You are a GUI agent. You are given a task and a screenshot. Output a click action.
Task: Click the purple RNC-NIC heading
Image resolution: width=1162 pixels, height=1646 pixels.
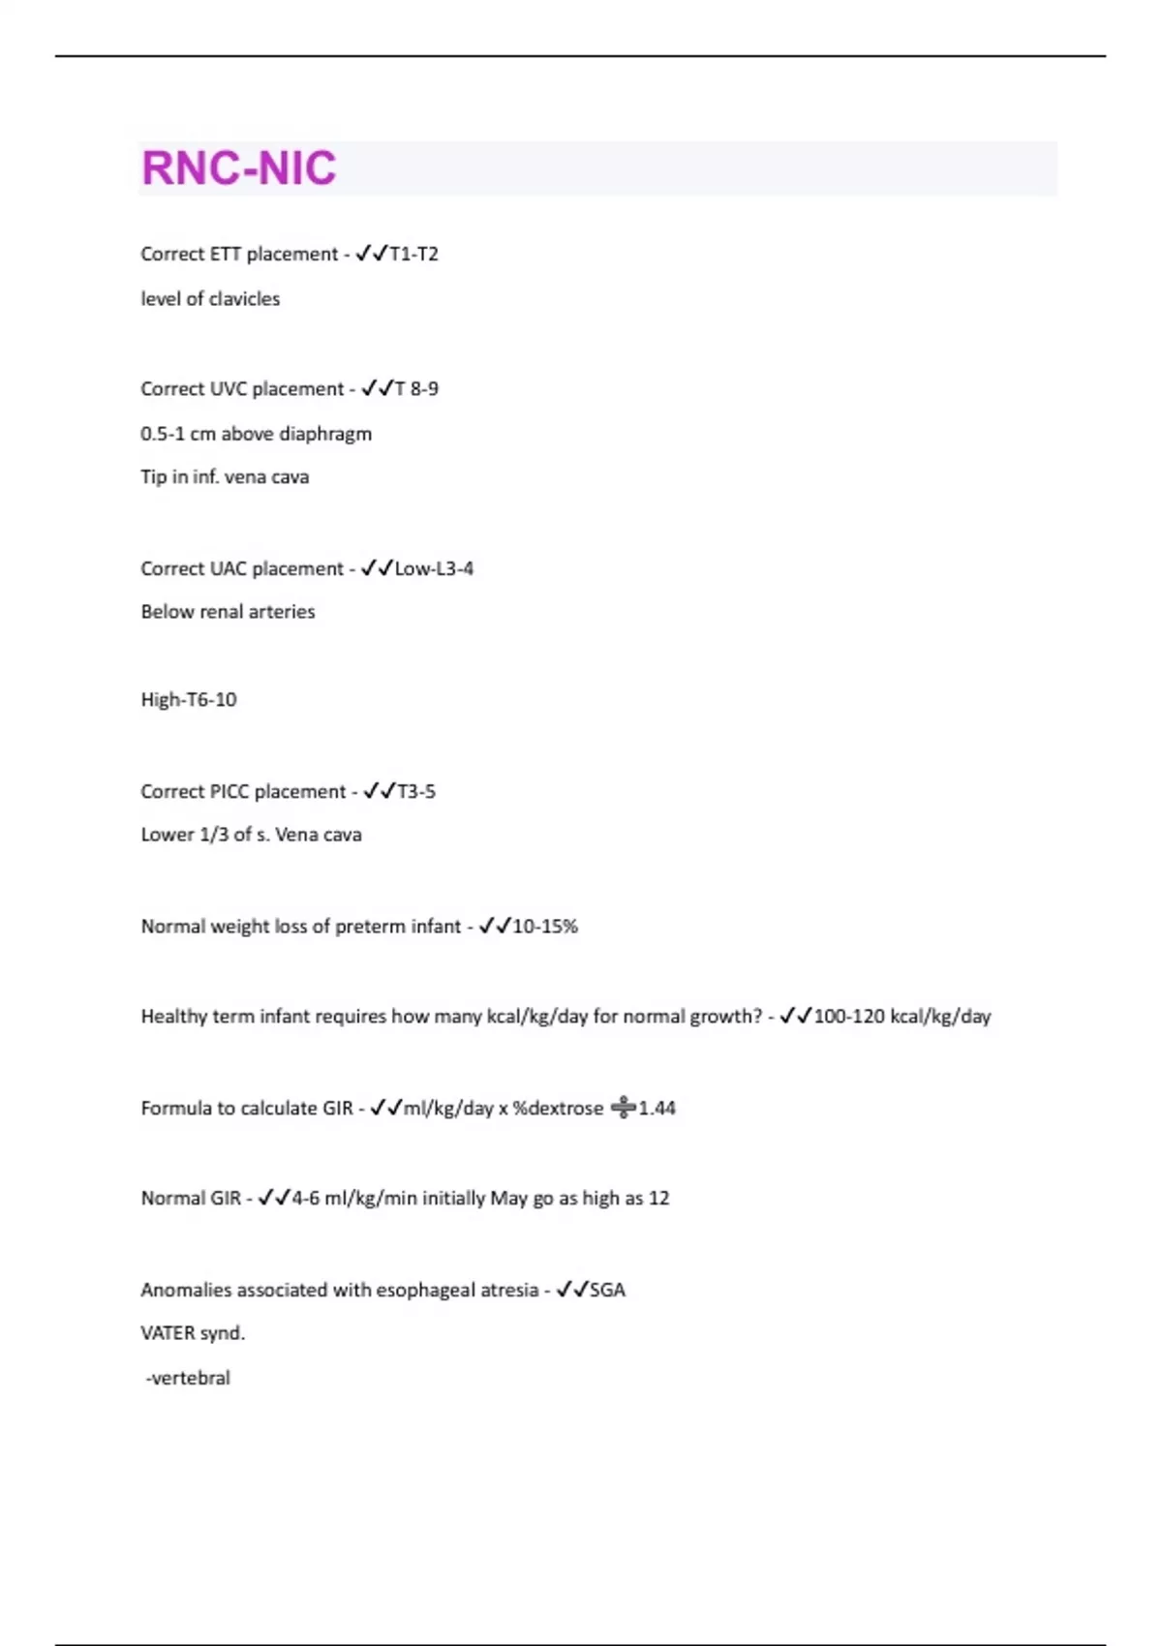click(238, 168)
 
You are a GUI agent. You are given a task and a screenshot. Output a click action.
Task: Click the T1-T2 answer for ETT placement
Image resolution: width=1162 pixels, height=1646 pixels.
click(413, 254)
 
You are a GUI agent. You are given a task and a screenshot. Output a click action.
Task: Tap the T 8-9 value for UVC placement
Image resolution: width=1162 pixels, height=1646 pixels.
click(416, 388)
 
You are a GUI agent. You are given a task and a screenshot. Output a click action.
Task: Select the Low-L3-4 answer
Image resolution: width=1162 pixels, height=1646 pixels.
click(434, 568)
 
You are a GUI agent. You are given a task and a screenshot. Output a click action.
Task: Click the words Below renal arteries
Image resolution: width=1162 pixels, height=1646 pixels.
click(228, 612)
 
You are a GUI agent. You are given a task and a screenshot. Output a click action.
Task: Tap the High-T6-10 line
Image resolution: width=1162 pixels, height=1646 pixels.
click(189, 699)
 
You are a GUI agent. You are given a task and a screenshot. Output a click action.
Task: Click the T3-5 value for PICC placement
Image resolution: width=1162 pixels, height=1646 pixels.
click(416, 791)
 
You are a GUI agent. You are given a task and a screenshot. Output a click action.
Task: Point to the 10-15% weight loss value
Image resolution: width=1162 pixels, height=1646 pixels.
click(545, 927)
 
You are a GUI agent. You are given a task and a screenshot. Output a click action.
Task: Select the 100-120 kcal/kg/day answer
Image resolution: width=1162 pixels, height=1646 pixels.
click(902, 1017)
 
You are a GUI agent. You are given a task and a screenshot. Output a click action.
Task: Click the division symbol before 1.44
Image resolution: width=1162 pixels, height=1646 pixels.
click(624, 1108)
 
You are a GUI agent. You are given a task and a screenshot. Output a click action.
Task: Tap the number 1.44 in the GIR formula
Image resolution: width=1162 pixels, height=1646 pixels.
click(657, 1108)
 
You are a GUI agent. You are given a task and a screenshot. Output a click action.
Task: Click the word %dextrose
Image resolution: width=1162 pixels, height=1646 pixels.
click(558, 1108)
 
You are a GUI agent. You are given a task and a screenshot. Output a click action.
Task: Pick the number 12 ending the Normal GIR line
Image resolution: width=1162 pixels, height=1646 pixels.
click(658, 1199)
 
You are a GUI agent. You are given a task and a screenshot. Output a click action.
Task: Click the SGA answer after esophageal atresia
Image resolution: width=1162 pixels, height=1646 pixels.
click(607, 1290)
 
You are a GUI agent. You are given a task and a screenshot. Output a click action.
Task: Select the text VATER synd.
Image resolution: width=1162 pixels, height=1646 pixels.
click(193, 1333)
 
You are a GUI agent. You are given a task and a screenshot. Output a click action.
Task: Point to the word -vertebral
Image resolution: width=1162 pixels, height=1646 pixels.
click(188, 1378)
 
